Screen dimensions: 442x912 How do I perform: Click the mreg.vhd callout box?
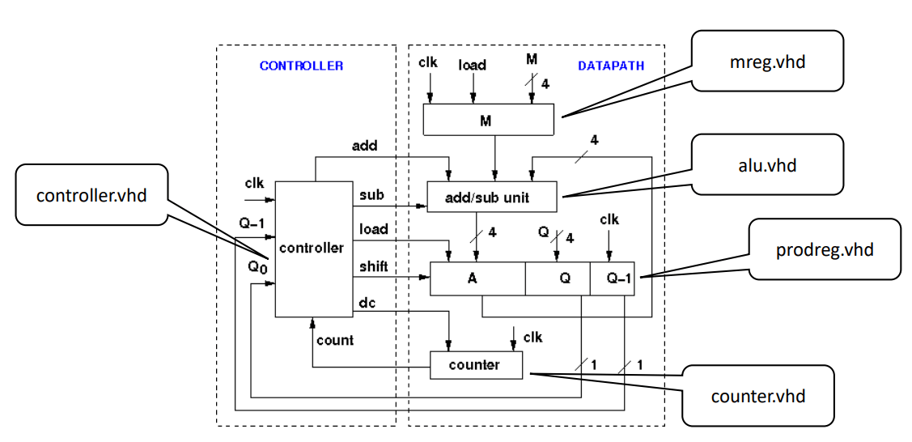pos(767,62)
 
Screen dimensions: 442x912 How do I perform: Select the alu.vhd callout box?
pos(767,164)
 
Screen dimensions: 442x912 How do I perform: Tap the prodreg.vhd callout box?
pos(824,249)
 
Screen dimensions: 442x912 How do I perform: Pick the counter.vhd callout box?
pos(757,395)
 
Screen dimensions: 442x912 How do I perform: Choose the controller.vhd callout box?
pos(91,194)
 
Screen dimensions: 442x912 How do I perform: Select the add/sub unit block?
pos(491,198)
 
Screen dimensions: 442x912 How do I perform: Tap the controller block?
pos(311,249)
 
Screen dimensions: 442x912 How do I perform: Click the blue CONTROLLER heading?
pos(301,66)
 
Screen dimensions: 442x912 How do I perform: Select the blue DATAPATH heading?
pos(610,66)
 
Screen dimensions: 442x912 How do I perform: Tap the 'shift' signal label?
pos(374,266)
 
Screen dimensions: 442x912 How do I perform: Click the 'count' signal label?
pos(335,340)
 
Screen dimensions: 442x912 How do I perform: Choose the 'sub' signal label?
pos(371,195)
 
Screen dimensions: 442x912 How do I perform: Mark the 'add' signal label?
pos(365,146)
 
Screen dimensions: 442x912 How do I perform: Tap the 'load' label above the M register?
pos(472,64)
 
